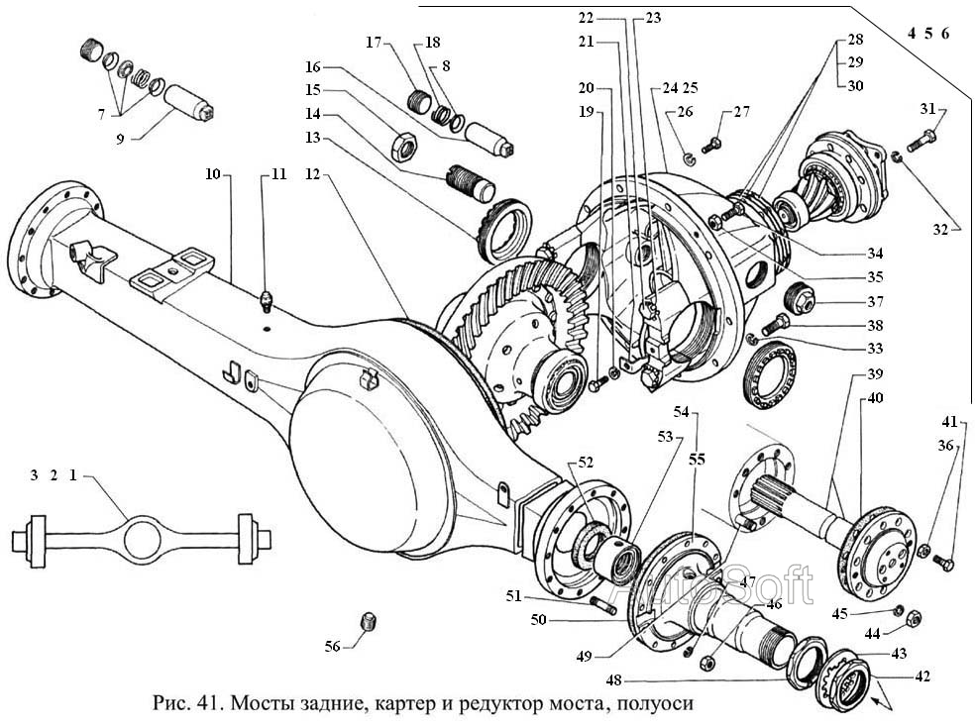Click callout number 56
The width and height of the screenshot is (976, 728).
(x=332, y=646)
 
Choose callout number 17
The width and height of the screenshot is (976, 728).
(x=374, y=43)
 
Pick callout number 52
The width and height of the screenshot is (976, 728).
(x=586, y=461)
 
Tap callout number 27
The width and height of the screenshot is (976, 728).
(x=742, y=113)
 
